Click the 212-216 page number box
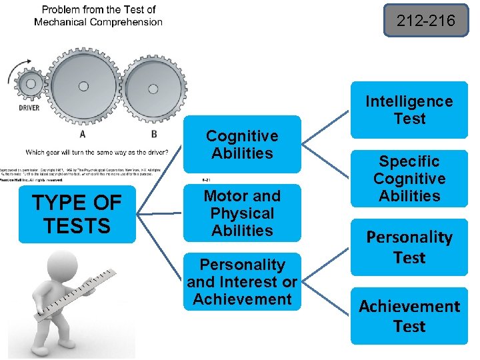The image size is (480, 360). [426, 21]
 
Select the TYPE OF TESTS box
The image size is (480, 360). [77, 215]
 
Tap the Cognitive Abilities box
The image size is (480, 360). [242, 145]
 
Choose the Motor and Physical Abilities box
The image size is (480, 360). [242, 213]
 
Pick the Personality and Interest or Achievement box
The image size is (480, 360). [242, 282]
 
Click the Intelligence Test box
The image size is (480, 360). [409, 110]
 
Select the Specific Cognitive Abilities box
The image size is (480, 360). [409, 179]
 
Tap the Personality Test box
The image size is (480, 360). [409, 247]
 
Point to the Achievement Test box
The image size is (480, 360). [409, 316]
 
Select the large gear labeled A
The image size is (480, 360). [83, 86]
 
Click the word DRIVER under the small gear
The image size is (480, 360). [28, 108]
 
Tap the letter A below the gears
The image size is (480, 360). [83, 133]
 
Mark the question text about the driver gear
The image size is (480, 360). [97, 151]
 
